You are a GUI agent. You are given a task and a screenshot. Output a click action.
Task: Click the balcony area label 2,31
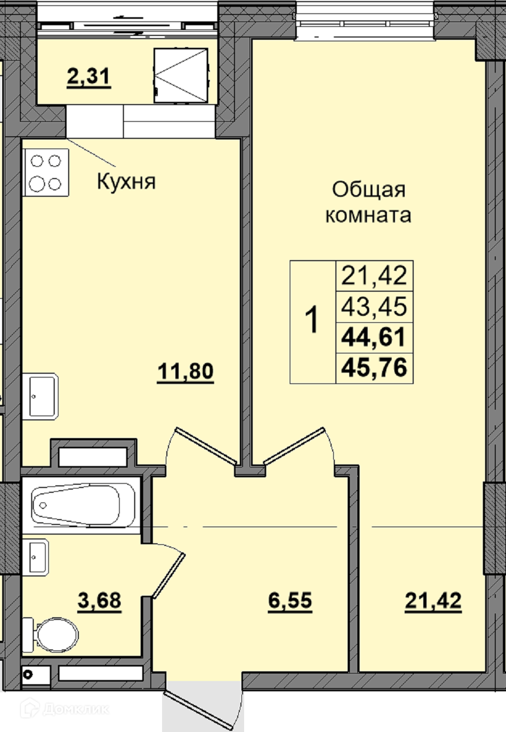coord(89,78)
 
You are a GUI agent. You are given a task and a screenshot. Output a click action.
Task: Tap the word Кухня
coord(126,181)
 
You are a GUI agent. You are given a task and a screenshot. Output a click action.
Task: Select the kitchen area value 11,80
coord(185,372)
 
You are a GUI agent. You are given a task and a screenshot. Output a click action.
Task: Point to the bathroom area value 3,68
coord(99,601)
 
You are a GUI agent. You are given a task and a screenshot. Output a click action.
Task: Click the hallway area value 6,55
coord(290,601)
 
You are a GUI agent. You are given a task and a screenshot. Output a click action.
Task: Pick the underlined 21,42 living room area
coord(433,601)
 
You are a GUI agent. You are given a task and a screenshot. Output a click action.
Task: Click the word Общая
coord(369,189)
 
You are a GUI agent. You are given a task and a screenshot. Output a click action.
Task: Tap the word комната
coord(368,215)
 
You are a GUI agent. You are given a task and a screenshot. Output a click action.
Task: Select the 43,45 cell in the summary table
coord(374,306)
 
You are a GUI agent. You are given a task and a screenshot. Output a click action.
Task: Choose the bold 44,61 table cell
coord(374,337)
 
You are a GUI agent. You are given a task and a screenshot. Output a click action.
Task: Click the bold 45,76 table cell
coord(374,367)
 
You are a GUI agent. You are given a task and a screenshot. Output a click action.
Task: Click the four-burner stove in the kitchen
coord(46,172)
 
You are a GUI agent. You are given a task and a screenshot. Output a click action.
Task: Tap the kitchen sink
coord(41,396)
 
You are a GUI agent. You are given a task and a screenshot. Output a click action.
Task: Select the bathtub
coord(83,506)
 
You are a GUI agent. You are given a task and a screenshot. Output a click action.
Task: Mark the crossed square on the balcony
coord(181,76)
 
